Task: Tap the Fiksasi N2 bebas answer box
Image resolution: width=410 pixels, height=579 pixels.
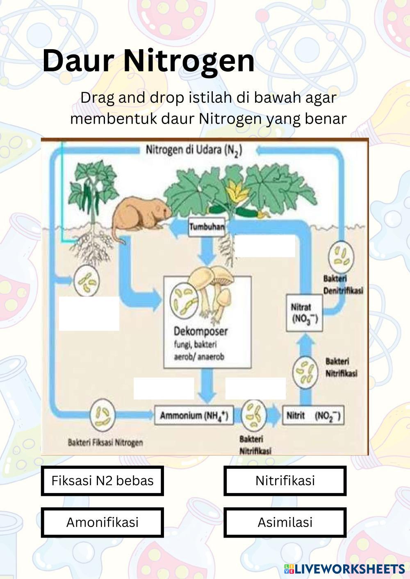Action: tap(102, 480)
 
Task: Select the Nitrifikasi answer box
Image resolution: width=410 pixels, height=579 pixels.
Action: tap(285, 480)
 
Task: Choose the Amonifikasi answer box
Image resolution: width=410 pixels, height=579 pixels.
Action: tap(102, 522)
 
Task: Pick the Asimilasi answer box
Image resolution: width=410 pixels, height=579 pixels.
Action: tap(285, 522)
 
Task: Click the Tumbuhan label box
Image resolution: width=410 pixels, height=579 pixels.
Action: tap(207, 228)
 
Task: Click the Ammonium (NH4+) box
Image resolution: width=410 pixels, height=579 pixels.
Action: tap(194, 416)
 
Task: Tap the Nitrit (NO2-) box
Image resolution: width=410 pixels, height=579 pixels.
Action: tap(313, 416)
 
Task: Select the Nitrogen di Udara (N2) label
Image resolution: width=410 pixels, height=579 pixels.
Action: tap(194, 150)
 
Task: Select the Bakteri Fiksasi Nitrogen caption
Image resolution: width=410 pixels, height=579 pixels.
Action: tap(105, 442)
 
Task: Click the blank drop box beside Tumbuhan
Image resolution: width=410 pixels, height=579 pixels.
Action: tap(265, 247)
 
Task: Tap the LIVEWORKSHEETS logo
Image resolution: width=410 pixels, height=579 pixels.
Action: tap(344, 568)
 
